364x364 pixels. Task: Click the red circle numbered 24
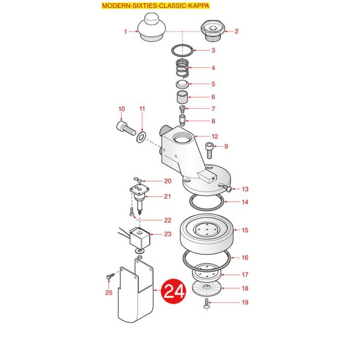pos(173,291)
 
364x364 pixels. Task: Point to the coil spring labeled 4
pos(182,67)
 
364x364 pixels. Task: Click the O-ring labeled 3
pos(182,50)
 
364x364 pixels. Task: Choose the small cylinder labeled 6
pos(182,97)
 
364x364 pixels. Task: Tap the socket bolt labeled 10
pos(126,129)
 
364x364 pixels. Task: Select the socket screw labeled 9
pos(209,150)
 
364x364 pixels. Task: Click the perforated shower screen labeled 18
pos(207,288)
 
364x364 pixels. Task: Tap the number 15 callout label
pos(245,230)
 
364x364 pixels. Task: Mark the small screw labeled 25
pos(110,276)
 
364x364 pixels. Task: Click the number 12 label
pos(215,136)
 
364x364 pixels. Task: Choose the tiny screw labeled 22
pos(132,212)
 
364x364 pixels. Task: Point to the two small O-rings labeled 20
pos(137,180)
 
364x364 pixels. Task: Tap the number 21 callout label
pos(167,197)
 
